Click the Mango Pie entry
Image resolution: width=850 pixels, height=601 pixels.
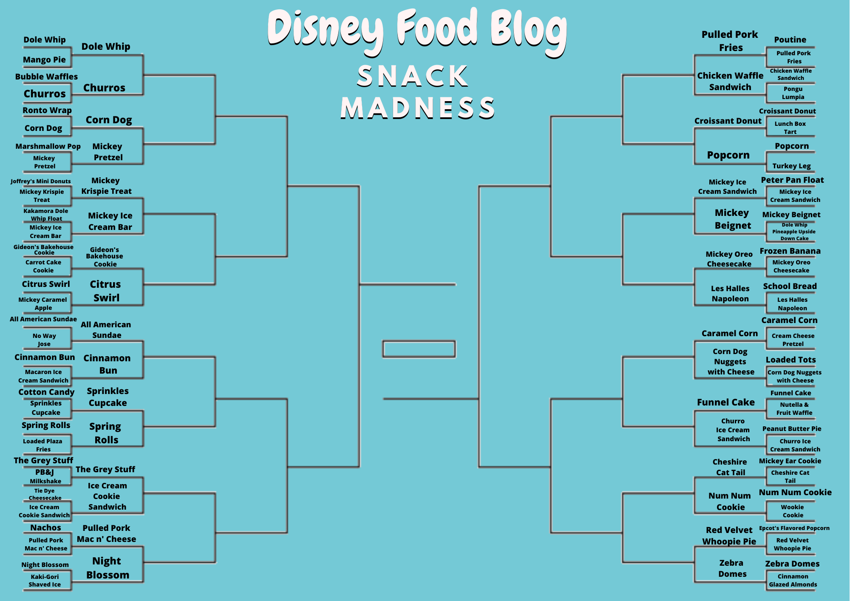(x=44, y=60)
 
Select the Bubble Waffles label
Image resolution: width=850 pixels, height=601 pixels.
(x=46, y=77)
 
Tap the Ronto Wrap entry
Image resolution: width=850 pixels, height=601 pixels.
(x=47, y=111)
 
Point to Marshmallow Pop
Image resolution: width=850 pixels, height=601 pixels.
(x=48, y=147)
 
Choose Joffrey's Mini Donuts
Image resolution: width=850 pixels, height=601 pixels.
(x=41, y=181)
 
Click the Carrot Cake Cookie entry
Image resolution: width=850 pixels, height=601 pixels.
(x=43, y=266)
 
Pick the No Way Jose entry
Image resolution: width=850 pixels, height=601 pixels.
(x=44, y=340)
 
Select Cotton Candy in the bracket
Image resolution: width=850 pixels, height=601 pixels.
(x=46, y=392)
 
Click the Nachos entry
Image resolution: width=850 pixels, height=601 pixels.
(x=45, y=528)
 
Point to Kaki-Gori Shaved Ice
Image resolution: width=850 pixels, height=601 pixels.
(x=45, y=581)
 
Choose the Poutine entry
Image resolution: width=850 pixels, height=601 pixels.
(x=790, y=40)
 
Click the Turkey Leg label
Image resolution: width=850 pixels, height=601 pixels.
(x=791, y=166)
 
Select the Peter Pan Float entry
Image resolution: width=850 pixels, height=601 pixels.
(x=792, y=180)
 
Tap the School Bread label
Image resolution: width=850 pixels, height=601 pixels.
(x=790, y=286)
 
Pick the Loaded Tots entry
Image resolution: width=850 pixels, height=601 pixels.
(x=790, y=360)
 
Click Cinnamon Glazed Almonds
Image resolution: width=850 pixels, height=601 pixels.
(x=793, y=581)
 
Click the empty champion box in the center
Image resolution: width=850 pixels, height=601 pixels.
(x=419, y=349)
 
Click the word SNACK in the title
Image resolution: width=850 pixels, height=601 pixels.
(x=412, y=77)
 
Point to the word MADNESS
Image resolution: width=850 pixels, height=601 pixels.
(x=418, y=108)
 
